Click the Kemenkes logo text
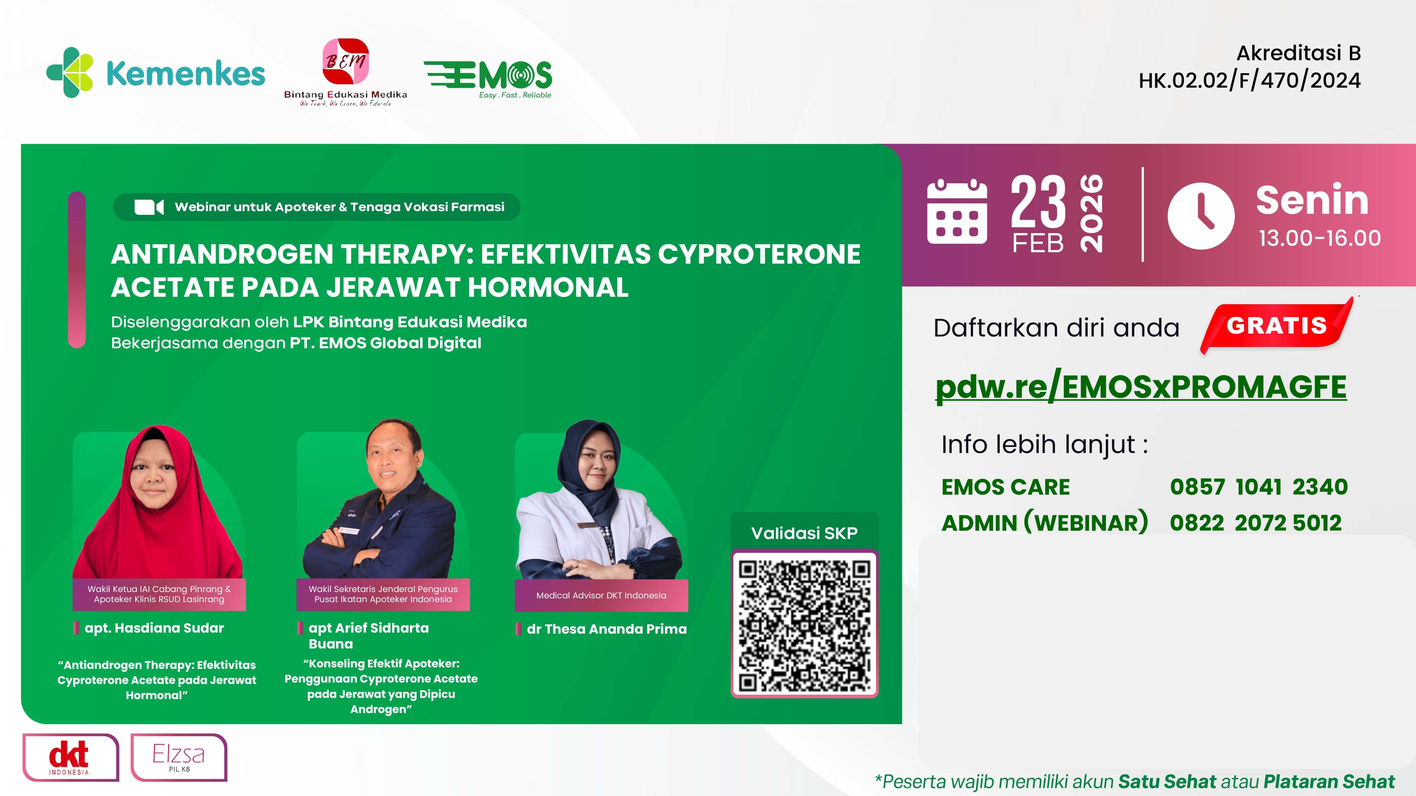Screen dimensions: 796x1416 coord(185,74)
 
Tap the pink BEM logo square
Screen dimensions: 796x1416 coord(345,61)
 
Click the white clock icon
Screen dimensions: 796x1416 coord(1201,215)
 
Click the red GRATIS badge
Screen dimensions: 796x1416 coord(1276,326)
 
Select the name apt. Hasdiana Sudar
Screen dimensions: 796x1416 coord(154,628)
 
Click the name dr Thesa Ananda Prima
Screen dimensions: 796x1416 coord(606,629)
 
